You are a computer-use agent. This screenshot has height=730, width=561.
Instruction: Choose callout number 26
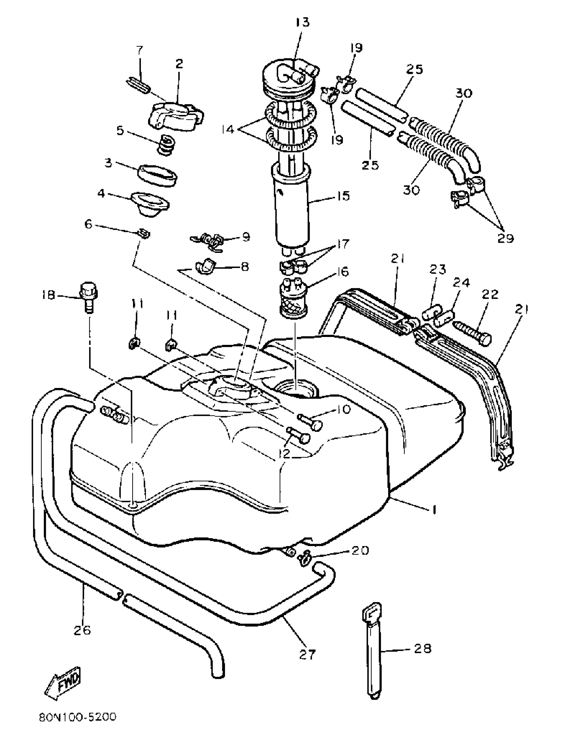point(82,630)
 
